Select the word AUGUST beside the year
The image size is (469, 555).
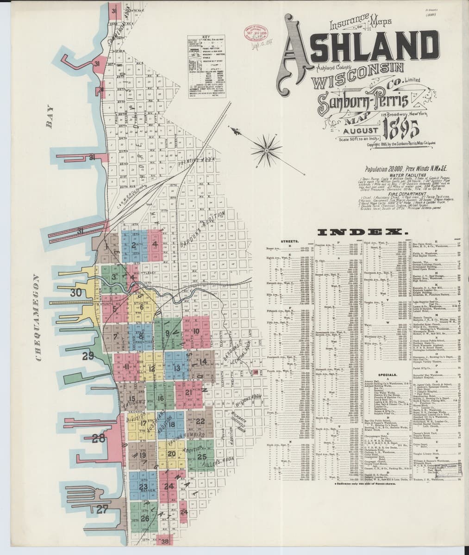354,131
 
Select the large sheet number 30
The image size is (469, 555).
75,292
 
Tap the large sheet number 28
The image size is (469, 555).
99,438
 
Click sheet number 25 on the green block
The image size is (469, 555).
201,456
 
